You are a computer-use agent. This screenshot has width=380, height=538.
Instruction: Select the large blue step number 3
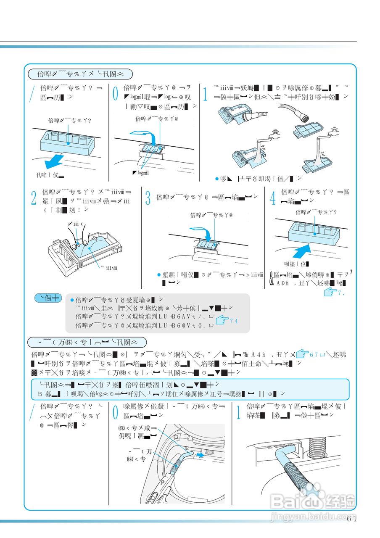[148, 198]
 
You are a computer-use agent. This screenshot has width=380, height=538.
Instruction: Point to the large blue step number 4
[273, 198]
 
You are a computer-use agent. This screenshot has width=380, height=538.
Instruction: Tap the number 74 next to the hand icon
[234, 322]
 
